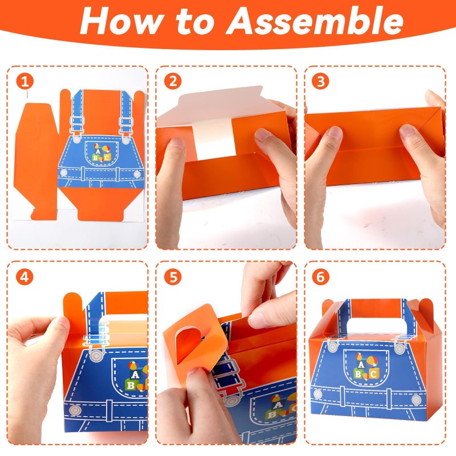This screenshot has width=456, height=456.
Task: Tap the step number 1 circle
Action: pyautogui.click(x=25, y=81)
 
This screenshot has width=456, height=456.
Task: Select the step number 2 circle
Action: pyautogui.click(x=173, y=81)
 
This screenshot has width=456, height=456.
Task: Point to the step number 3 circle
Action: pyautogui.click(x=320, y=81)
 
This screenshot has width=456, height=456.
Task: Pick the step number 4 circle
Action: pyautogui.click(x=25, y=276)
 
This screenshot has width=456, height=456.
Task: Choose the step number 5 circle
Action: pyautogui.click(x=173, y=276)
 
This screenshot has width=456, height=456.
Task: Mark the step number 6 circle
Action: pyautogui.click(x=320, y=276)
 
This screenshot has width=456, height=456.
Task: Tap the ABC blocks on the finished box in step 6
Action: pyautogui.click(x=366, y=367)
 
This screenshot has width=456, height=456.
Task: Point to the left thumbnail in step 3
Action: pyautogui.click(x=334, y=132)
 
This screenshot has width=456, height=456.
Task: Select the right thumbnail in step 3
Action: pyautogui.click(x=406, y=131)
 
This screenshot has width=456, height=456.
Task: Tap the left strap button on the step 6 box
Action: pyautogui.click(x=332, y=347)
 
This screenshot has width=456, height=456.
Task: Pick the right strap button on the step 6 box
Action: pyautogui.click(x=400, y=348)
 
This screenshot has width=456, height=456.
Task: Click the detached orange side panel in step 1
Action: pyautogui.click(x=35, y=160)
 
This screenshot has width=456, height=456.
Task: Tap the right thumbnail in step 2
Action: pyautogui.click(x=263, y=135)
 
